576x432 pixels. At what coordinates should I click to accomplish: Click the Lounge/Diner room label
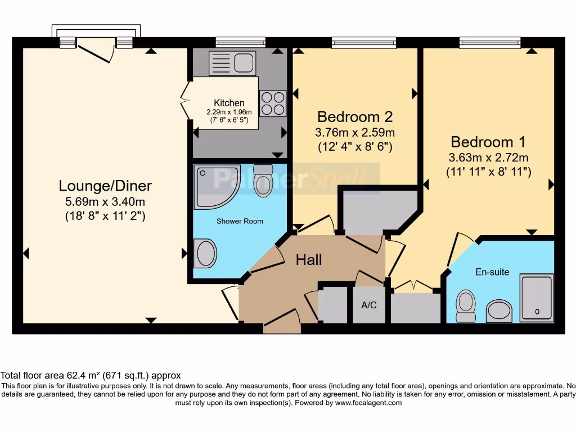(x=106, y=185)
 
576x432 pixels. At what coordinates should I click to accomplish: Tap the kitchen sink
(x=232, y=62)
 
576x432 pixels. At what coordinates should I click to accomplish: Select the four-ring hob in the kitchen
(x=273, y=103)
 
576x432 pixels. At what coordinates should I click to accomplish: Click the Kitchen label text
(x=229, y=103)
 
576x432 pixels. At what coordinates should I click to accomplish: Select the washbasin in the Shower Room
(x=206, y=253)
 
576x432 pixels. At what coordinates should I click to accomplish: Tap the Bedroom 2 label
(x=355, y=117)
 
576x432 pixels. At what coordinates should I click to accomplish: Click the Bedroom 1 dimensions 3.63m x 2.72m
(x=488, y=157)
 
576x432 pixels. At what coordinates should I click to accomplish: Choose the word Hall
(x=309, y=260)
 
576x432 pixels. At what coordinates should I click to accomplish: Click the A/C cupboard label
(x=369, y=305)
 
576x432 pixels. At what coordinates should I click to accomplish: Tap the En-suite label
(x=492, y=272)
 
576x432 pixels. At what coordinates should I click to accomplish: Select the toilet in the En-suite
(x=465, y=305)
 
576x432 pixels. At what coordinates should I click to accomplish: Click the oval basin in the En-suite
(x=498, y=309)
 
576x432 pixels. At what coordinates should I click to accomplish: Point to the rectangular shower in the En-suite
(x=537, y=299)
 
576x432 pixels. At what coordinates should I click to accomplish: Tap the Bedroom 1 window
(x=489, y=42)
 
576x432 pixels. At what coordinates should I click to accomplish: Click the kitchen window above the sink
(x=240, y=42)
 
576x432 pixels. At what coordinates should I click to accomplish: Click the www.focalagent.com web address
(x=368, y=403)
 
